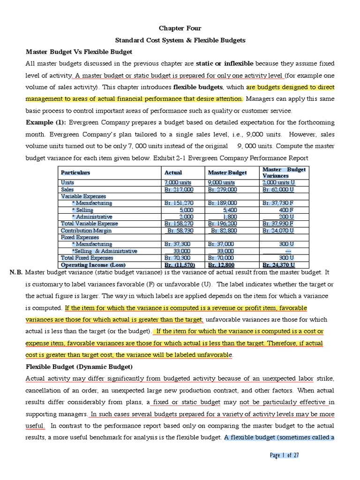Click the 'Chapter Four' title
(180, 29)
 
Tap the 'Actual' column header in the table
(173, 172)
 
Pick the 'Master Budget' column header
(227, 172)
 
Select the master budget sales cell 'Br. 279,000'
(222, 189)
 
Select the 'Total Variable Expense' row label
(90, 224)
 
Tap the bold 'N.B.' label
(15, 272)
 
